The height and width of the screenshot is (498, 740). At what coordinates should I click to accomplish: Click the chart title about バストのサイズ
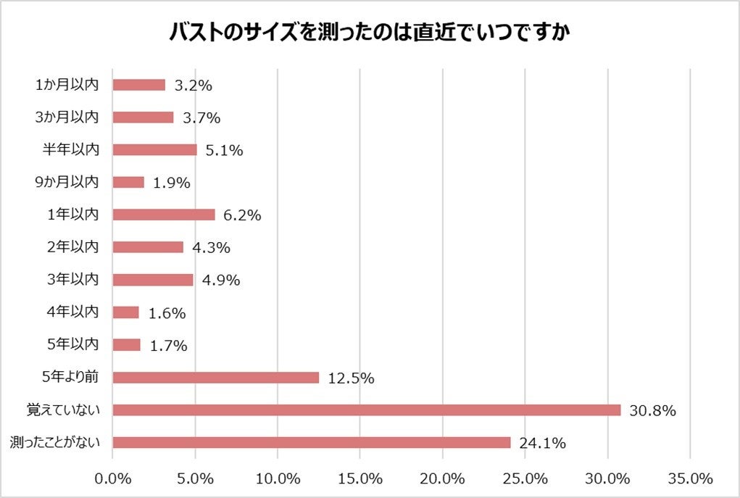(x=370, y=33)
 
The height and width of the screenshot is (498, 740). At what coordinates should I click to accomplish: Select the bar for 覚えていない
(x=367, y=410)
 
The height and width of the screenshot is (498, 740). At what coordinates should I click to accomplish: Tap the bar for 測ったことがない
(x=312, y=442)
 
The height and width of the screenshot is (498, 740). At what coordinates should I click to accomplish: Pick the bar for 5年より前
(x=216, y=378)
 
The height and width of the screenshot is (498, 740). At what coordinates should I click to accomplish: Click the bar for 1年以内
(x=164, y=215)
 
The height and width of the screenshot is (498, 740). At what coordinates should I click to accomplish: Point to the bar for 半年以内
(x=155, y=150)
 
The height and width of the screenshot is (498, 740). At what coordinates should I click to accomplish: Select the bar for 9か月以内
(x=129, y=182)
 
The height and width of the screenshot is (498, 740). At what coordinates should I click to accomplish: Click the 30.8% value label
(x=652, y=411)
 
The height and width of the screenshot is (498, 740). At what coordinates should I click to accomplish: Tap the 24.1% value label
(x=542, y=443)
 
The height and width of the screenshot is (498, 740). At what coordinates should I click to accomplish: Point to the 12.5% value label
(x=351, y=378)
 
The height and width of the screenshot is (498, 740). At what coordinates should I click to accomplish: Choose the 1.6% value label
(x=167, y=313)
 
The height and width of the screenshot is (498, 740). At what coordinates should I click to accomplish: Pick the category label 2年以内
(x=75, y=246)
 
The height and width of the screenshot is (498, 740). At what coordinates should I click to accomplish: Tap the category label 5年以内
(x=75, y=344)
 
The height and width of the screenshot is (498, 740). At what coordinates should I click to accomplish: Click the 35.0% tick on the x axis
(x=690, y=479)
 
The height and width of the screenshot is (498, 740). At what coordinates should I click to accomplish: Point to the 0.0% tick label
(x=114, y=479)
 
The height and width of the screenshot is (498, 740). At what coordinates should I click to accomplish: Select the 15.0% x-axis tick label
(x=360, y=479)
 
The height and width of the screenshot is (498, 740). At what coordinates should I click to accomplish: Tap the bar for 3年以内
(x=154, y=280)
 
